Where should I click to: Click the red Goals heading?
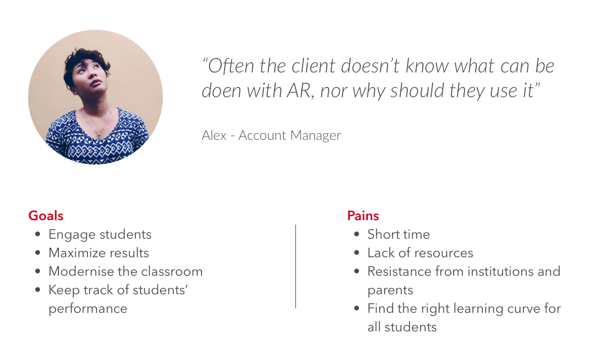click(x=45, y=216)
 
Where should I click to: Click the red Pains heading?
click(x=363, y=216)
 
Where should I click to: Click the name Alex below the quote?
click(x=214, y=135)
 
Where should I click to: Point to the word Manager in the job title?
click(x=315, y=135)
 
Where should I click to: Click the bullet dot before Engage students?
click(x=38, y=234)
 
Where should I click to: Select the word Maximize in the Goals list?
click(x=72, y=253)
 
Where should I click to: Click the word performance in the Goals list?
click(x=88, y=309)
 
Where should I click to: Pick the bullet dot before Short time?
click(x=357, y=234)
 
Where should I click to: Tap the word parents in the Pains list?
click(x=390, y=290)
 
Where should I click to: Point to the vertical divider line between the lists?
click(x=295, y=266)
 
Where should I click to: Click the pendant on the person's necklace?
click(x=99, y=135)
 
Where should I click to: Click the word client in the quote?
click(x=313, y=66)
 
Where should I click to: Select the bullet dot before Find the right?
click(x=357, y=308)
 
